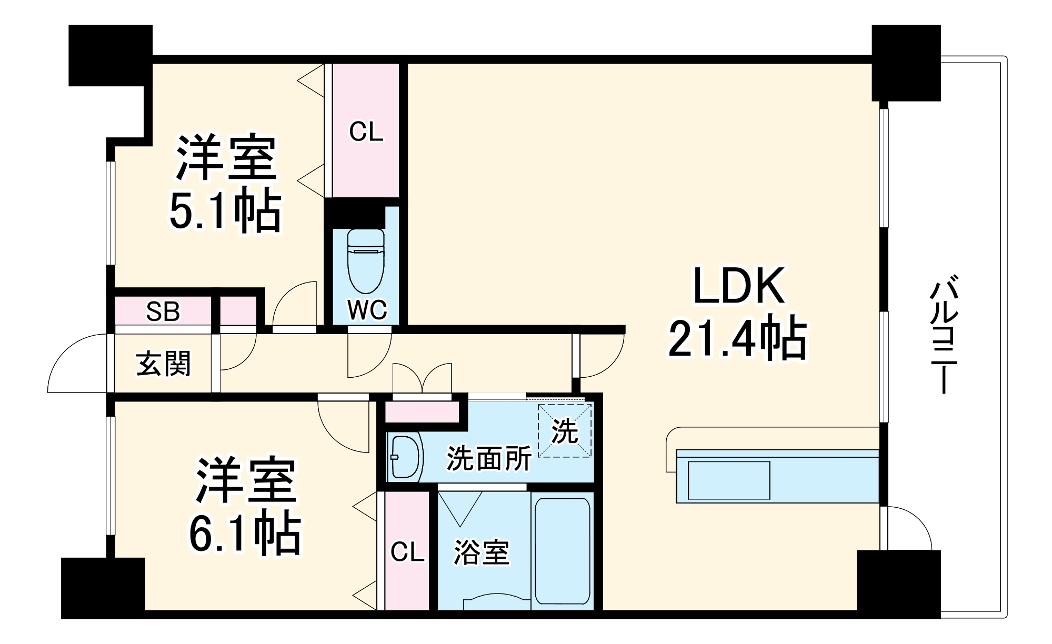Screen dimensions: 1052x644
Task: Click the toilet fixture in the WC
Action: click(366, 261)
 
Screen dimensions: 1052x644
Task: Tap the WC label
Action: click(367, 310)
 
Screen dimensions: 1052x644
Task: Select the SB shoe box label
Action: click(163, 311)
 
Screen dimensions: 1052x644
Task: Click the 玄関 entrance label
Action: click(163, 364)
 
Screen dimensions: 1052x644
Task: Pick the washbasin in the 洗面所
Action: click(406, 457)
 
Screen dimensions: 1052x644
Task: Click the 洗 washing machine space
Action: click(565, 431)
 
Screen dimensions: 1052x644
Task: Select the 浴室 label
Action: click(482, 552)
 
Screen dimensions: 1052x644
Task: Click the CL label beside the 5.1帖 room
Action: click(366, 132)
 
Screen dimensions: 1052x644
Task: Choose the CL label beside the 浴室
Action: click(407, 551)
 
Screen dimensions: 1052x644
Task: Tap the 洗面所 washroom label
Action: click(489, 458)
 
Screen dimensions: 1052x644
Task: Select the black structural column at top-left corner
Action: click(111, 55)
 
